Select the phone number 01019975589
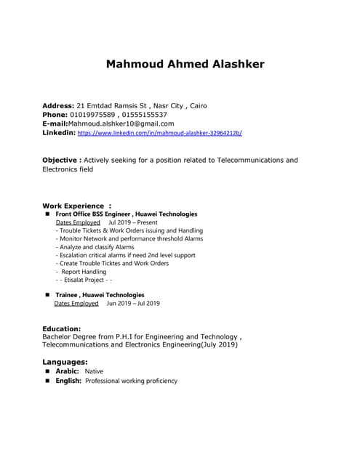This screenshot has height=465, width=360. pyautogui.click(x=92, y=115)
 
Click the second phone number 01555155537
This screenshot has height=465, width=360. pyautogui.click(x=143, y=115)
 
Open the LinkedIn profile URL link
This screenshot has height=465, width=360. pyautogui.click(x=160, y=134)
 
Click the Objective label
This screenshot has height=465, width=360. pyautogui.click(x=61, y=160)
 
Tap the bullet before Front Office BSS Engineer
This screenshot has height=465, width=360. pyautogui.click(x=47, y=214)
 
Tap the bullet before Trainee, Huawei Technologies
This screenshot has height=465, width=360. pyautogui.click(x=47, y=295)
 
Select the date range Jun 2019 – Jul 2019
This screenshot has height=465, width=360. pyautogui.click(x=133, y=304)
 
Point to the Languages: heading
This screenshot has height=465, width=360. pyautogui.click(x=65, y=361)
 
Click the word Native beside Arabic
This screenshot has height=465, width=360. pyautogui.click(x=94, y=371)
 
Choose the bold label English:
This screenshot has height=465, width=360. pyautogui.click(x=68, y=381)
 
